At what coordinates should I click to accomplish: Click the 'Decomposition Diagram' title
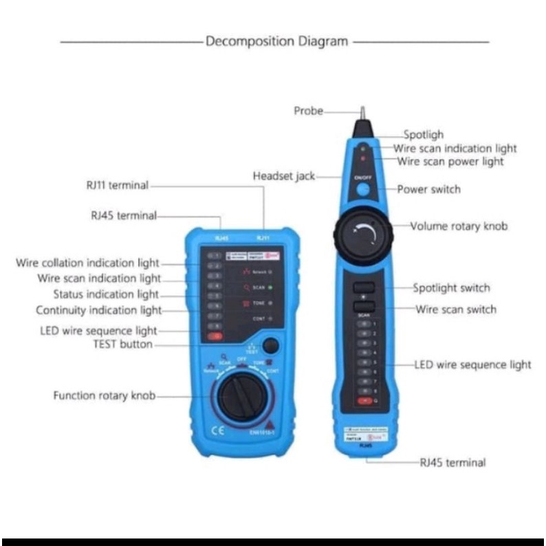click(x=276, y=41)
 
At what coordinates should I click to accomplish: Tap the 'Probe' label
click(x=308, y=111)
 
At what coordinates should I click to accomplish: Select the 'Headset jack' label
click(x=283, y=176)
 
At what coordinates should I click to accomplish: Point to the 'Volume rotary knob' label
click(x=459, y=226)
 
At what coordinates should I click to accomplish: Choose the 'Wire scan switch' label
click(x=455, y=309)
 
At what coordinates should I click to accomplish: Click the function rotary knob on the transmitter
click(x=241, y=397)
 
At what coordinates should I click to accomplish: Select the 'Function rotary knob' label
click(x=105, y=395)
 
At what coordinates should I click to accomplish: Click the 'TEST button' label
click(x=122, y=345)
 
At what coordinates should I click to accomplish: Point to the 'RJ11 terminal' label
click(x=117, y=184)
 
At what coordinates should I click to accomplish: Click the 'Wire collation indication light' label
click(x=87, y=263)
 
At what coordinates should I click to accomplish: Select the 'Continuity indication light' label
click(x=98, y=310)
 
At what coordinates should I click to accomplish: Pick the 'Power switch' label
click(x=428, y=189)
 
